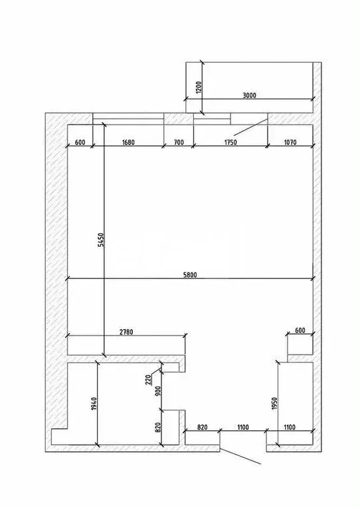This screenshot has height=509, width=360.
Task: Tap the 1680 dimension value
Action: coord(128,142)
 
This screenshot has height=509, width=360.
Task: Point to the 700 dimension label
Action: coord(179,142)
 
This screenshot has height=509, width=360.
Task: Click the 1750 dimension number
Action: coord(230,142)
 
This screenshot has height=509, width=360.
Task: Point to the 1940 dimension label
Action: coord(92,403)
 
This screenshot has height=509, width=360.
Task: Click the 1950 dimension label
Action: coord(274,403)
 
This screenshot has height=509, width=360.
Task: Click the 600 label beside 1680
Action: coord(80,142)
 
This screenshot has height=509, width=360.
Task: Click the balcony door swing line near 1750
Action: coord(247,129)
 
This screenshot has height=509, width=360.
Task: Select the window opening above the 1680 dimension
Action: coord(128,119)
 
